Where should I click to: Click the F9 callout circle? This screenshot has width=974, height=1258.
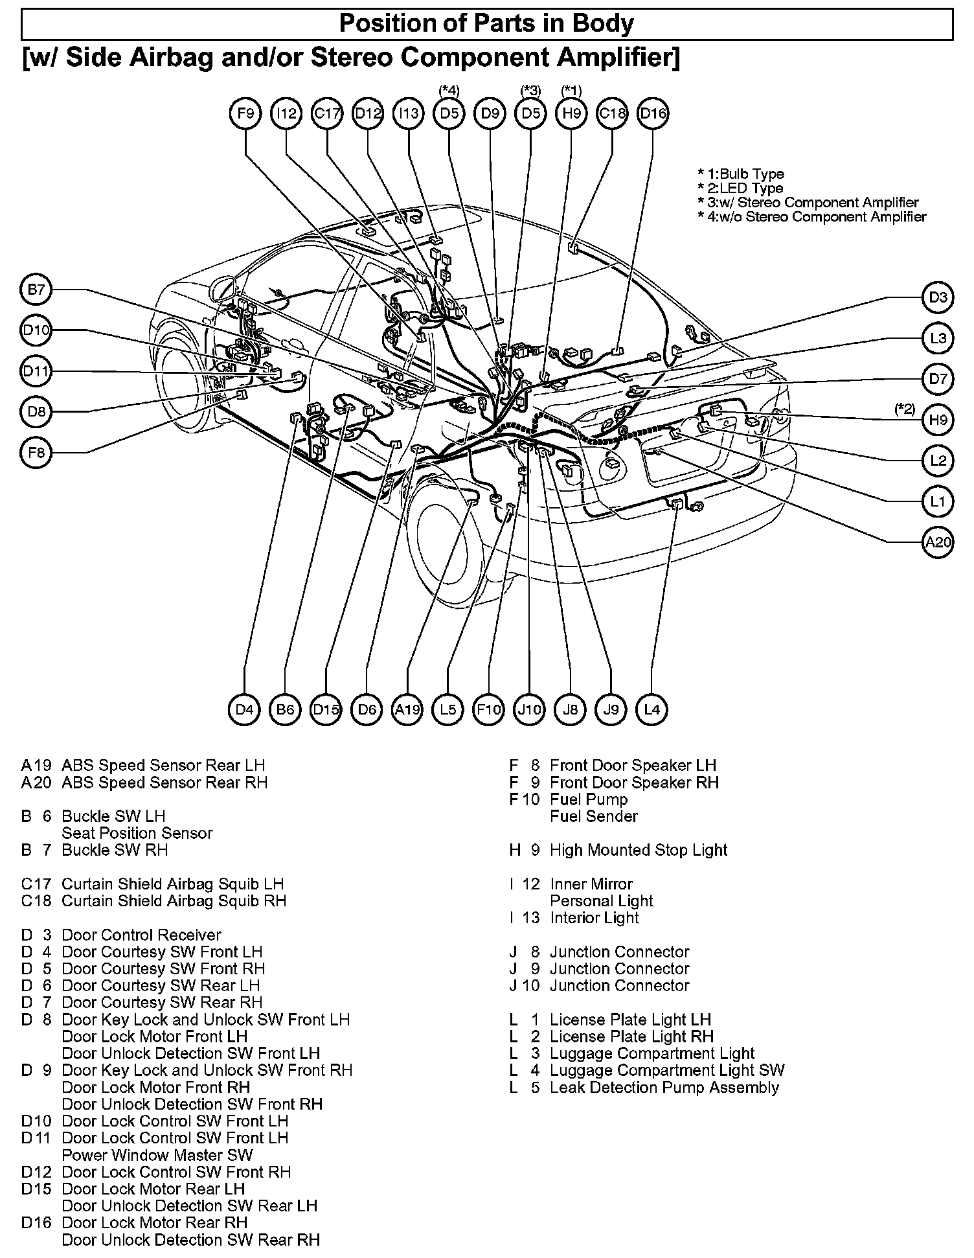pos(245,113)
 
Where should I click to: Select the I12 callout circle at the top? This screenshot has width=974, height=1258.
pos(286,113)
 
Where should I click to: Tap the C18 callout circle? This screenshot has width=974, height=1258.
pos(612,113)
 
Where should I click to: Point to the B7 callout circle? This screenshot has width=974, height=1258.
pos(36,290)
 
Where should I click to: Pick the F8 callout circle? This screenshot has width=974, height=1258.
pos(36,453)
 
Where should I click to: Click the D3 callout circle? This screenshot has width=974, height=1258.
pos(938,297)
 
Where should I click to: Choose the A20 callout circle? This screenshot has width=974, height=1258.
pos(938,542)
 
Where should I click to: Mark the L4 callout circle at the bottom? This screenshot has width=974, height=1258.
pos(652,709)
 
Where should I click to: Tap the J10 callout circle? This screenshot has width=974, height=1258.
pos(530,709)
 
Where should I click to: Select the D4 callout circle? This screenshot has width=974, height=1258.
pos(245,709)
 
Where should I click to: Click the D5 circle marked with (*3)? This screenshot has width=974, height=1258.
pos(530,113)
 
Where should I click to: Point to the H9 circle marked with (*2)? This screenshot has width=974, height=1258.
pos(938,420)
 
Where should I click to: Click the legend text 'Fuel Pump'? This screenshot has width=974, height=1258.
pos(588,799)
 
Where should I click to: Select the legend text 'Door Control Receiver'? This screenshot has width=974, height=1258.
pos(141,935)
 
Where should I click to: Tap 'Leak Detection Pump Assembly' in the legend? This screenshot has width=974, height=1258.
pos(664,1087)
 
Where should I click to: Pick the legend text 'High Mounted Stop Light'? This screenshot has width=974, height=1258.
pos(639,850)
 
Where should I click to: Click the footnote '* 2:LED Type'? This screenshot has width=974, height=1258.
pos(740,189)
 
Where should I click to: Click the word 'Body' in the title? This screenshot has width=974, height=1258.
pos(602,24)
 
